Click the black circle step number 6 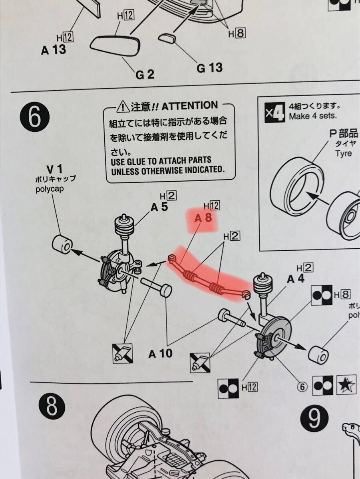(x=35, y=118)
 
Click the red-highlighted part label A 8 (x=203, y=218)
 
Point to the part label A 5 (x=159, y=207)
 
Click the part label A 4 (x=295, y=279)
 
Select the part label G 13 (x=209, y=68)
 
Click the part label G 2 (x=145, y=75)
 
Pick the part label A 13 (x=54, y=50)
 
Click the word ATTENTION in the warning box (x=190, y=106)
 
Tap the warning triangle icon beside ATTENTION (x=123, y=106)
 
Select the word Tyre (x=344, y=154)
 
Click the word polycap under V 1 (x=50, y=189)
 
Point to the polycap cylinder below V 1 (x=62, y=244)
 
